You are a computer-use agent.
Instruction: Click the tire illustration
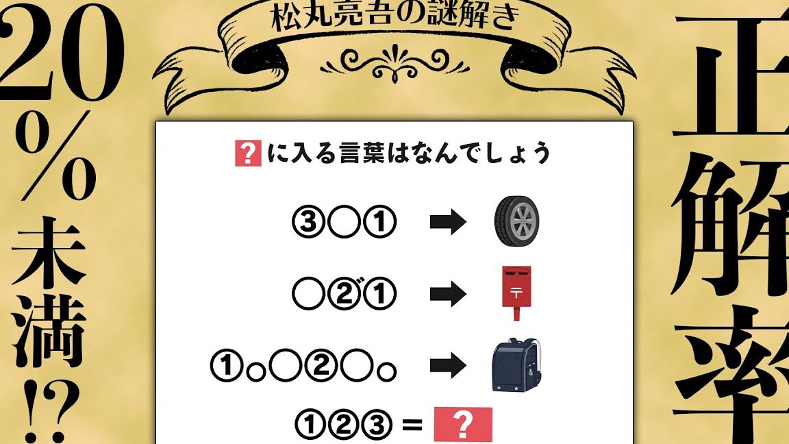point(517,221)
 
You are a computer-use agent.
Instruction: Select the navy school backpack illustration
point(518,365)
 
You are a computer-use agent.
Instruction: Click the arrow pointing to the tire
point(448,222)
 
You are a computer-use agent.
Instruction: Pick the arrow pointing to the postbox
point(448,294)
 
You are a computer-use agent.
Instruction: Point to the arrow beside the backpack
point(448,365)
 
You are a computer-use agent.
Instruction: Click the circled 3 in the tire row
point(308,222)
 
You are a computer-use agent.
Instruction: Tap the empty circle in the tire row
point(345,222)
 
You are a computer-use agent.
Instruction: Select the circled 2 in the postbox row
point(345,294)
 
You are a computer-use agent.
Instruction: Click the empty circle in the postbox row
point(308,294)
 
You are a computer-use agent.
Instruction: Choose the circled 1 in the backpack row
point(227,366)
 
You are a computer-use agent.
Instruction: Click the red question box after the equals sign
point(463,424)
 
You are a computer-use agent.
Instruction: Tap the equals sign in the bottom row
point(412,425)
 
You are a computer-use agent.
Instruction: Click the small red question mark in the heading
point(248,153)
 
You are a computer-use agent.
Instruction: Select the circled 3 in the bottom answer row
point(377,425)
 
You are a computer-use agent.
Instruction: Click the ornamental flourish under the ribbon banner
point(394,64)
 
